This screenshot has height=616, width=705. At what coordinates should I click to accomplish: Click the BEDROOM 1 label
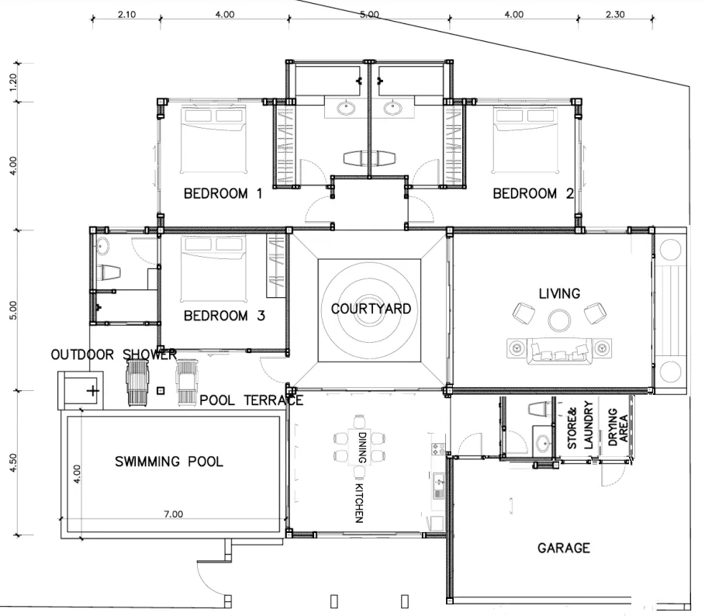click(222, 194)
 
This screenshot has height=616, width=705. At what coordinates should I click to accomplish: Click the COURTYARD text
click(371, 309)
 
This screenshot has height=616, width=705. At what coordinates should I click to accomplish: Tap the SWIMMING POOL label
click(169, 462)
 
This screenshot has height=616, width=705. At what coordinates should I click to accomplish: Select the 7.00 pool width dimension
click(173, 514)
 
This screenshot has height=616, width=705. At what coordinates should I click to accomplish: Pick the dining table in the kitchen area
click(359, 448)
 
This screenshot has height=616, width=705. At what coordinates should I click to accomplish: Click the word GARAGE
click(564, 549)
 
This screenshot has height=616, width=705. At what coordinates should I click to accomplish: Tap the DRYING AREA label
click(617, 427)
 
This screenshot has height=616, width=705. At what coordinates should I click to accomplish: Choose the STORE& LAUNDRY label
click(580, 426)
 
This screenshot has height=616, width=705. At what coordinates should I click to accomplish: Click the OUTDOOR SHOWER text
click(113, 355)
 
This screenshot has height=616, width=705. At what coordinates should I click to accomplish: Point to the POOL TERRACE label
click(251, 400)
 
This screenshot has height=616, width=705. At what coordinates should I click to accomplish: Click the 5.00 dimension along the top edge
click(369, 14)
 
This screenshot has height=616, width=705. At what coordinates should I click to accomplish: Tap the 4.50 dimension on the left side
click(12, 462)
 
